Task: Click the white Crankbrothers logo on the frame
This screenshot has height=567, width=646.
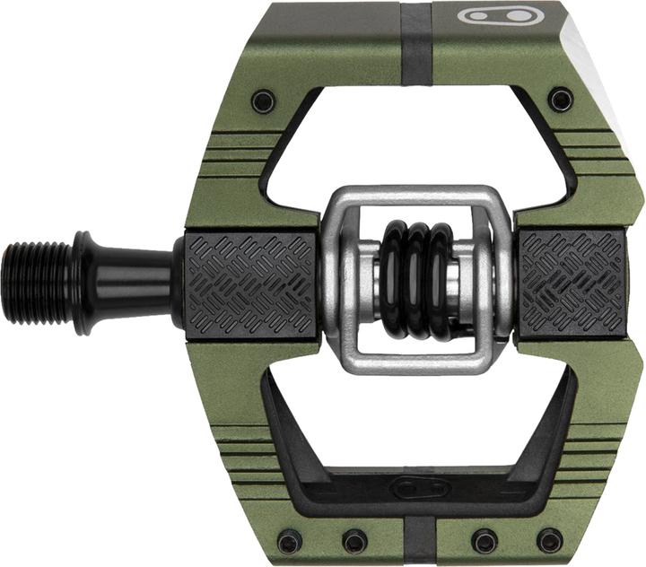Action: pos(493,15)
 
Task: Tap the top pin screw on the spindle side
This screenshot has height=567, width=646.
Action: pos(263,100)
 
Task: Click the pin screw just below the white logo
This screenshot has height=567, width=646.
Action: pos(561,98)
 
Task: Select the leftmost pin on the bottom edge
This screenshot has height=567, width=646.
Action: pos(289,541)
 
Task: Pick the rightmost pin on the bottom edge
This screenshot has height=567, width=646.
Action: pos(549,540)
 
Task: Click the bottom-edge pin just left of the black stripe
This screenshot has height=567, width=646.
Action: pos(354,541)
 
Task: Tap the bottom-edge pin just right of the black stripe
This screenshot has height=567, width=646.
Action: pos(484,541)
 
